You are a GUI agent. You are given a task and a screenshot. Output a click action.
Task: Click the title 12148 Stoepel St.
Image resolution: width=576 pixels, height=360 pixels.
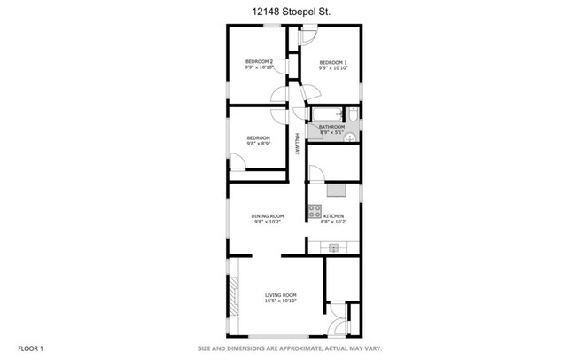[x=288, y=12]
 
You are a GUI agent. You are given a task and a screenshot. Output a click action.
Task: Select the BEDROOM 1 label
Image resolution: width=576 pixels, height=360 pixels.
[x=333, y=61]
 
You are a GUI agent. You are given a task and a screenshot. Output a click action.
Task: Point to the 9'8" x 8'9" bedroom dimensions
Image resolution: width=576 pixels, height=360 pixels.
[x=258, y=144]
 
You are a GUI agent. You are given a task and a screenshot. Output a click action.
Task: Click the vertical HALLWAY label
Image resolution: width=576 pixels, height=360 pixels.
[x=297, y=145]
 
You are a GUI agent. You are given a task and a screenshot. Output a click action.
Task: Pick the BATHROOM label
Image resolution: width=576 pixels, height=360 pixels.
[x=331, y=127]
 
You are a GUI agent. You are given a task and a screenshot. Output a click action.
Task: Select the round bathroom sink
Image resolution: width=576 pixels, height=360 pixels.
[x=349, y=137]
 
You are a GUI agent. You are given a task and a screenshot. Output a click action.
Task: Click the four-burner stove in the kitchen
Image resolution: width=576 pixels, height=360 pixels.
[x=314, y=211]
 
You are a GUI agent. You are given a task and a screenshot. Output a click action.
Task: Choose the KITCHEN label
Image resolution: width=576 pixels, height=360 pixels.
[x=333, y=216]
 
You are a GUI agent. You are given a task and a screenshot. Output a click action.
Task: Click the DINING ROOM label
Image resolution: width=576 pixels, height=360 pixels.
[x=269, y=216]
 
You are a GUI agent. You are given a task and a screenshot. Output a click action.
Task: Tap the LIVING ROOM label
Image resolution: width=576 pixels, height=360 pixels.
[x=281, y=295]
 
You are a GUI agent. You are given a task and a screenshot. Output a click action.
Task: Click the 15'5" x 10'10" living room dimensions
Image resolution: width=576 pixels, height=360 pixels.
[x=281, y=301]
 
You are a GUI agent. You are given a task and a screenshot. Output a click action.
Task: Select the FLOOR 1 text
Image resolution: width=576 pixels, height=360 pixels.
[x=28, y=348]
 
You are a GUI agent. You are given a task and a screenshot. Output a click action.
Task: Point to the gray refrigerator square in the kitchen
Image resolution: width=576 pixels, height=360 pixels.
[x=336, y=188]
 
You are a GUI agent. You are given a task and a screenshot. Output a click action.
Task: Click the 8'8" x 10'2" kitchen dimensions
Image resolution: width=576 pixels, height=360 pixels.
[x=333, y=222]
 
